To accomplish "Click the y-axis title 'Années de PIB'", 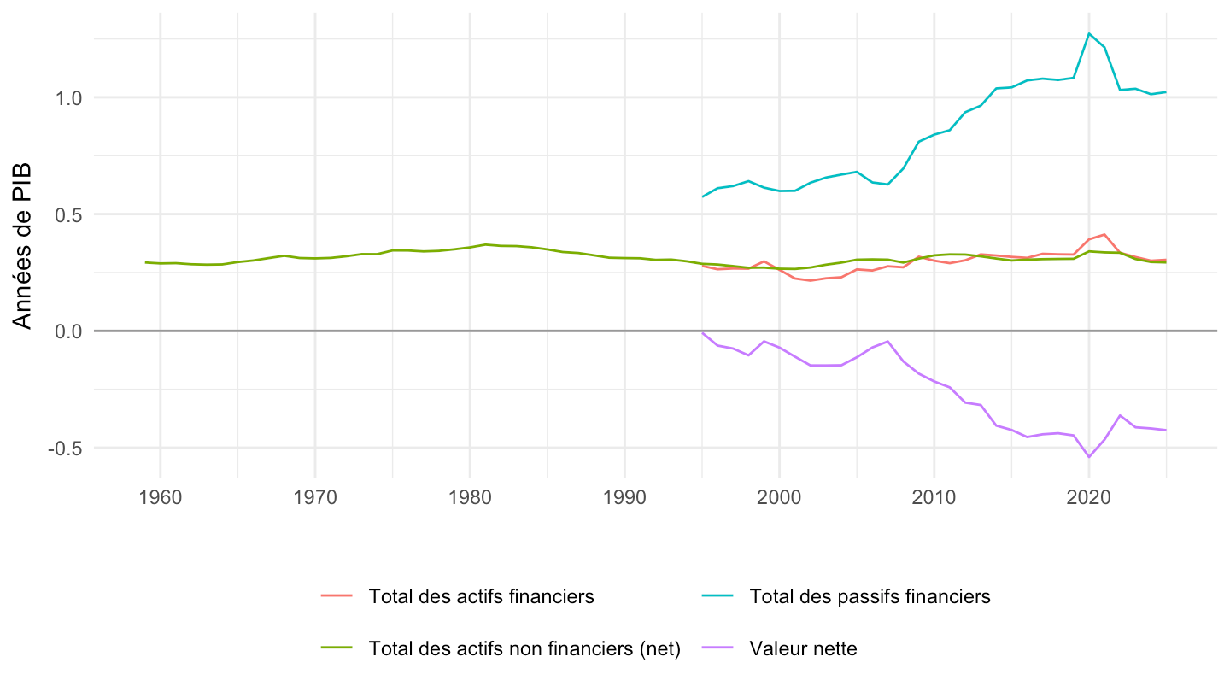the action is point(22,246).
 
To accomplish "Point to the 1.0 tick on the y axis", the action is point(68,98).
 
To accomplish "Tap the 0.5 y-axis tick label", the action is point(68,214).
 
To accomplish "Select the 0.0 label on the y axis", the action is point(68,331).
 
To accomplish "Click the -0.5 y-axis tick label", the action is point(65,449).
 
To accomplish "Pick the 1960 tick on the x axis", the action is point(161,497).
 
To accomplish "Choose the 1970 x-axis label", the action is point(315,497).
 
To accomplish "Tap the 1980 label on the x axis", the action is point(470,497).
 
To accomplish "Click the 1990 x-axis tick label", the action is point(625,497).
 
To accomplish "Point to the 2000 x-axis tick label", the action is point(779,497).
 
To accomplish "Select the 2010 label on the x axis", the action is point(934,497).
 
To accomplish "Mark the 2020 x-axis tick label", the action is point(1089,497).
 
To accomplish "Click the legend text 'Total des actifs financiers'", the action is point(481,596).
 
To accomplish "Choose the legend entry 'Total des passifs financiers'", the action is point(870,596).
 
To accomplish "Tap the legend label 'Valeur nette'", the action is point(803,648).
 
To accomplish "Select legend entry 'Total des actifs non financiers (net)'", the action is point(524,648).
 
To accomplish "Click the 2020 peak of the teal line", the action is point(1089,33).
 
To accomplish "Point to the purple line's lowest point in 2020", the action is point(1089,457).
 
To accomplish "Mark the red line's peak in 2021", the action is point(1104,234).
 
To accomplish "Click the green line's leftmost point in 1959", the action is point(145,262).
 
